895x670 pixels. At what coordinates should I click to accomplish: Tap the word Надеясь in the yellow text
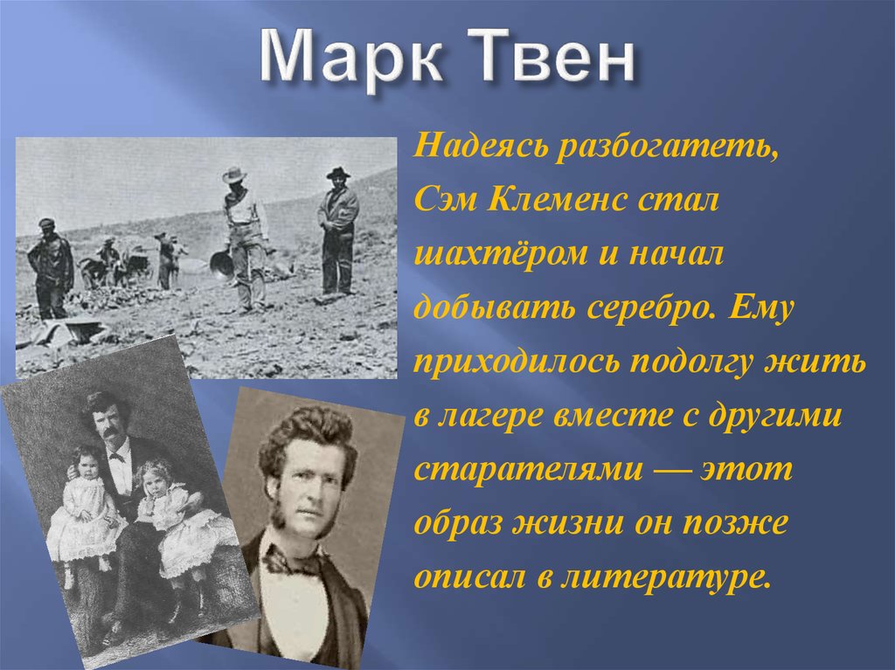480,147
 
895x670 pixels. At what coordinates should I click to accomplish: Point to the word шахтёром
500,253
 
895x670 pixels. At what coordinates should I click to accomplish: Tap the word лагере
492,417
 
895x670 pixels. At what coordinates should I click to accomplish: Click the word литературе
665,577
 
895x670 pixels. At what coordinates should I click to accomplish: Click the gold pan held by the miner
221,264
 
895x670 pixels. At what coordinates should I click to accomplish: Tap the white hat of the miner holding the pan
234,174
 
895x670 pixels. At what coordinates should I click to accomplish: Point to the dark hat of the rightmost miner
338,172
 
